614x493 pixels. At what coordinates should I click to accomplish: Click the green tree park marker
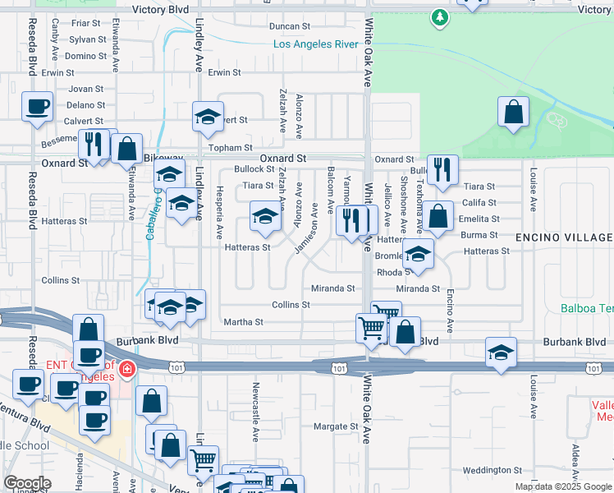[x=441, y=16]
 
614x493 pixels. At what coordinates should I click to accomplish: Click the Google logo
[x=27, y=483]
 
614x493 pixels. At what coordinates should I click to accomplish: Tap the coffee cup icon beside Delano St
[x=37, y=107]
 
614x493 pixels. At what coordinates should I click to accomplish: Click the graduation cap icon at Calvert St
[x=208, y=117]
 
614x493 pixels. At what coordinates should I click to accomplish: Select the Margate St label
[x=337, y=426]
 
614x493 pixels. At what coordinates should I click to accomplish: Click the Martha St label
[x=243, y=322]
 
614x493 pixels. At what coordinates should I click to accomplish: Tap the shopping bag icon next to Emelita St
[x=438, y=217]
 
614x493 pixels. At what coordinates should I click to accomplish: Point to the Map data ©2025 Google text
[x=563, y=486]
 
